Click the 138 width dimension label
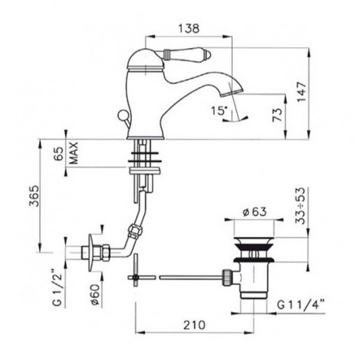pos(188,28)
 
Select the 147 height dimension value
pos(302,92)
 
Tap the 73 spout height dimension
pos(277,115)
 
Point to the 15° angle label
pos(218,111)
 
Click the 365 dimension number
pos(34,196)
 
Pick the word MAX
pos(74,153)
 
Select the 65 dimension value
pos(59,153)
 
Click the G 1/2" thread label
pos(57,288)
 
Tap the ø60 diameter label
pos(95,295)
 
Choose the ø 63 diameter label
pos(255,211)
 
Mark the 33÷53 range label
pos(301,206)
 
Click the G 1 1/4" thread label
pos(301,304)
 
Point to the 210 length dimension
pos(195,325)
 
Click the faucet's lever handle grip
pos(187,54)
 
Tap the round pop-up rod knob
pos(122,115)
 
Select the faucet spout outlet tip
pos(231,92)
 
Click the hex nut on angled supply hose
pos(134,230)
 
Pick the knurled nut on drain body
pos(226,277)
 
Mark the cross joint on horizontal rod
pos(136,277)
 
